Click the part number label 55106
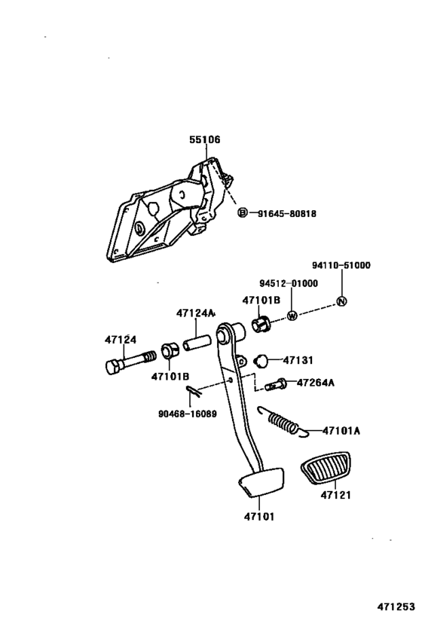(205, 139)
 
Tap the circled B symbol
(243, 213)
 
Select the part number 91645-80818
(286, 214)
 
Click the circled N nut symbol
(341, 301)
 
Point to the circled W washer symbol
(292, 315)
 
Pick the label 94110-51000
(341, 265)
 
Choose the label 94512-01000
(289, 283)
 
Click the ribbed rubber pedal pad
(325, 468)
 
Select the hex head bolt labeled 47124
(130, 362)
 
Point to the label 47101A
(341, 430)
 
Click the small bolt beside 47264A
(276, 384)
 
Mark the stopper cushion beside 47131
(261, 360)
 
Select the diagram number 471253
(396, 606)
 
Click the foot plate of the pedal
(261, 480)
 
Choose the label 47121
(335, 495)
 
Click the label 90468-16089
(188, 414)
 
